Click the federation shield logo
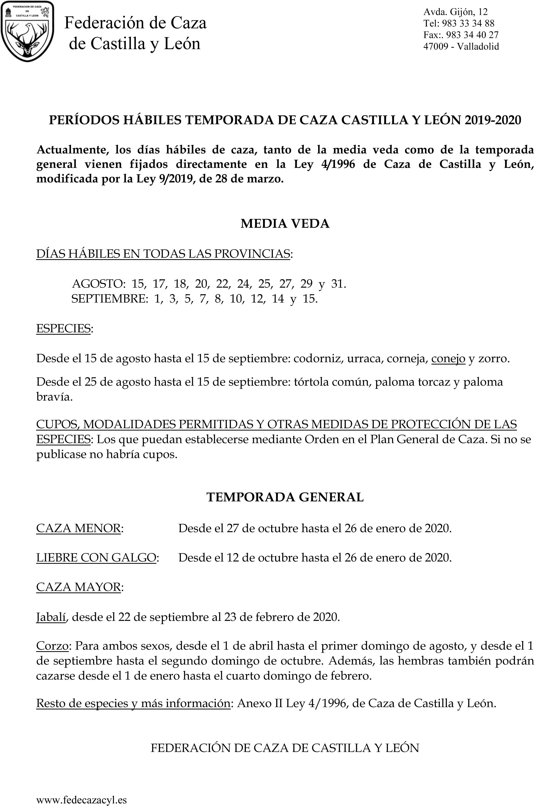(x=27, y=31)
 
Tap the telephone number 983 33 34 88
(x=468, y=23)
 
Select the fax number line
(x=461, y=35)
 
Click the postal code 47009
(x=436, y=46)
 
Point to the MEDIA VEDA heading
(x=285, y=223)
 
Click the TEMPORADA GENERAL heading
(x=285, y=497)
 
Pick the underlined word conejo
(x=448, y=359)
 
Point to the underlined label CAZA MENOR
(x=79, y=528)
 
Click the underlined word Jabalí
(x=51, y=617)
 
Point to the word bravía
(x=54, y=397)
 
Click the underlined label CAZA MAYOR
(x=79, y=587)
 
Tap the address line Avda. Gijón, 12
(x=455, y=12)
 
